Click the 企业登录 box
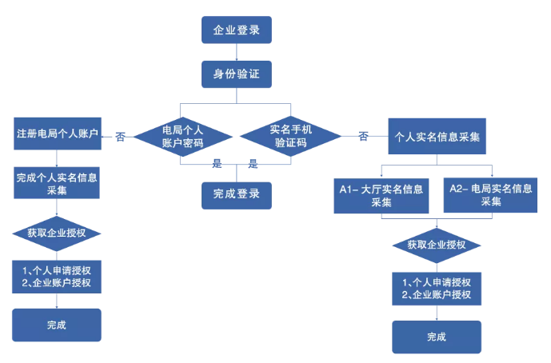pos(236,30)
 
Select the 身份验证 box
pos(236,75)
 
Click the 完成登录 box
pos(236,194)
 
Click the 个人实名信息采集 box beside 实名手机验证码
pos(437,137)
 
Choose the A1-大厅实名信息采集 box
pos(380,195)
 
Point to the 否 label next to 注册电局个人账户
pos(120,137)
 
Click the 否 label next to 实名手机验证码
pos(363,137)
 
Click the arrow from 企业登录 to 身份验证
pos(236,52)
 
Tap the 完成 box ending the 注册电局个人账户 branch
pos(56,325)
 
